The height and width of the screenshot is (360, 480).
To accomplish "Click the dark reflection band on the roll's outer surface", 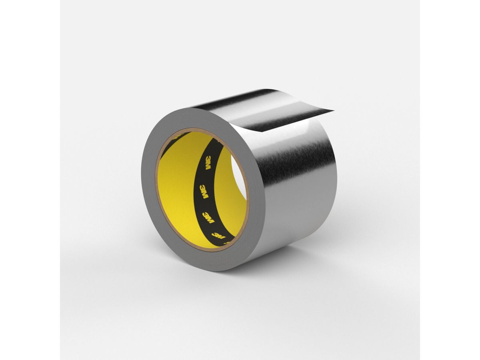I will [296, 168].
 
